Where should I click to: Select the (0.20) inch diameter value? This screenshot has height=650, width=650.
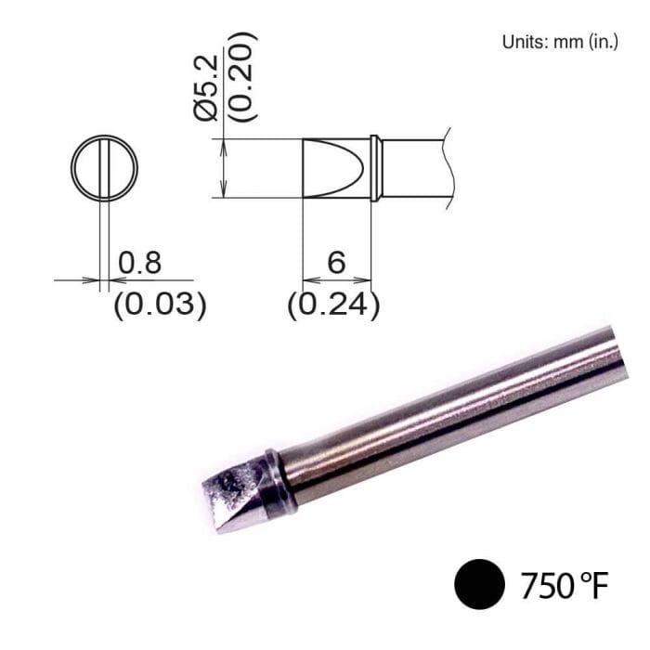[x=240, y=78]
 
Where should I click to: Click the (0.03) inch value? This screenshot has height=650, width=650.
[x=159, y=305]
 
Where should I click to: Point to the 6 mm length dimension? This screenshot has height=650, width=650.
[x=336, y=264]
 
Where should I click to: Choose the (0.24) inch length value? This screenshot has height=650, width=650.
[x=333, y=305]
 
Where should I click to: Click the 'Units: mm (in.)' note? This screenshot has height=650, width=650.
[x=559, y=42]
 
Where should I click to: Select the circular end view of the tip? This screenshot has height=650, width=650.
[x=104, y=169]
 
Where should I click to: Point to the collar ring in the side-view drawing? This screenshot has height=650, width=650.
[x=375, y=169]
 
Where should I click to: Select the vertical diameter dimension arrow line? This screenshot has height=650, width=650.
[x=224, y=169]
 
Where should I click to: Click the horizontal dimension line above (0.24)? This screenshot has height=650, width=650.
[x=336, y=279]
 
